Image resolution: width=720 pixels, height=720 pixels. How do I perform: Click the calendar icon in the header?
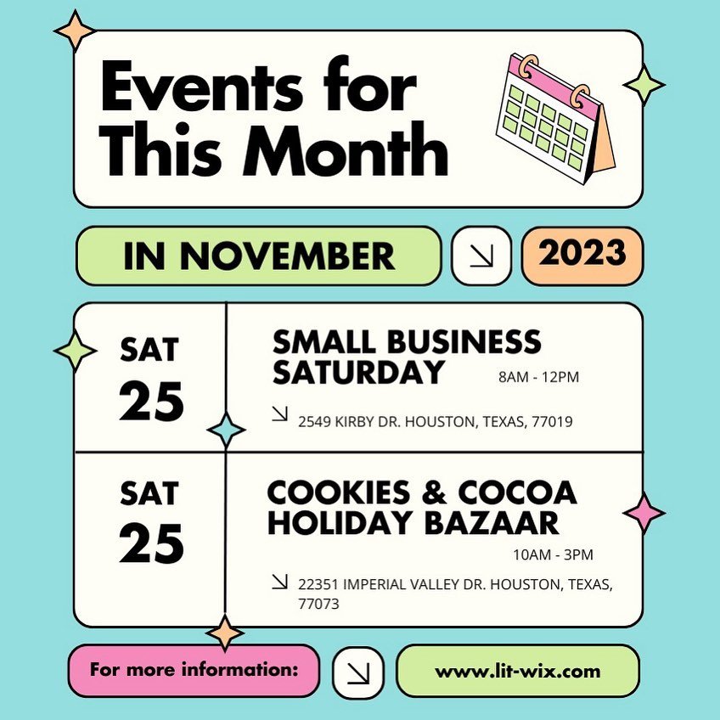(x=555, y=118)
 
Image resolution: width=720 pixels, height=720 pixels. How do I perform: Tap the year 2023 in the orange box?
(x=582, y=254)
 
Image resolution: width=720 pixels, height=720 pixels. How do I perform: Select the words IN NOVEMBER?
(x=259, y=256)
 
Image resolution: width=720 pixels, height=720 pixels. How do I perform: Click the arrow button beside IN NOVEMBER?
(x=481, y=256)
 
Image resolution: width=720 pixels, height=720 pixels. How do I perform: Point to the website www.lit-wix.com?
(x=517, y=671)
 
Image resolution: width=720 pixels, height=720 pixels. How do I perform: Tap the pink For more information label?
(x=194, y=670)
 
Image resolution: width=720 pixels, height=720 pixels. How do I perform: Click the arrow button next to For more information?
(x=357, y=672)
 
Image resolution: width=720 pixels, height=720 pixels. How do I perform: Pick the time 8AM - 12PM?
(x=539, y=377)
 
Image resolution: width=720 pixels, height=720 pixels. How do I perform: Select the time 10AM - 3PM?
(x=554, y=554)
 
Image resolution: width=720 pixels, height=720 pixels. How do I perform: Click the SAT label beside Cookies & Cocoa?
(x=149, y=492)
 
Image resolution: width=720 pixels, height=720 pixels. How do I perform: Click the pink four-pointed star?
(x=644, y=514)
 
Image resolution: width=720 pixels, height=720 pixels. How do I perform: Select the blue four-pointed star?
(x=226, y=430)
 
